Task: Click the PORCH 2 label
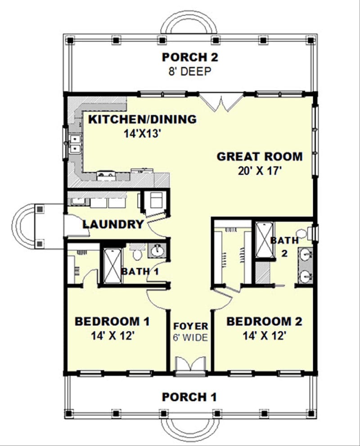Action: [x=189, y=57]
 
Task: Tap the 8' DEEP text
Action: [x=189, y=71]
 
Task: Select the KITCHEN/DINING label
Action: [x=142, y=119]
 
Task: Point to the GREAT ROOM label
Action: [x=259, y=157]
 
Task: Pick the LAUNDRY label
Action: [x=113, y=224]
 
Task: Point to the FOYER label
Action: [x=191, y=326]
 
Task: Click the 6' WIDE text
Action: [x=191, y=337]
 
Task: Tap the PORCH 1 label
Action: [x=189, y=397]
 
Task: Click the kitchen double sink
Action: [x=74, y=143]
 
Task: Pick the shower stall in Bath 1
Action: [x=110, y=265]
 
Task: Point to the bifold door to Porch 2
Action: [x=221, y=103]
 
